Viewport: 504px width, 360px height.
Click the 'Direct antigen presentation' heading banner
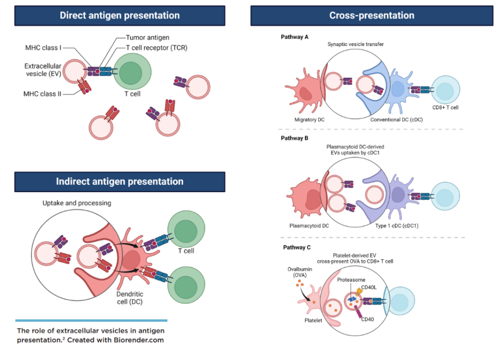pos(119,16)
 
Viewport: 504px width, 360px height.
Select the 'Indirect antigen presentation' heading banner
pos(119,181)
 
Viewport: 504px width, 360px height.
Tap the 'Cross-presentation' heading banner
pos(371,16)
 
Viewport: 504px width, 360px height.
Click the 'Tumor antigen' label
pos(147,38)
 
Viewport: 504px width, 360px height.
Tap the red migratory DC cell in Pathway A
pos(305,91)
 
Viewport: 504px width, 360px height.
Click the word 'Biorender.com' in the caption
pos(139,340)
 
